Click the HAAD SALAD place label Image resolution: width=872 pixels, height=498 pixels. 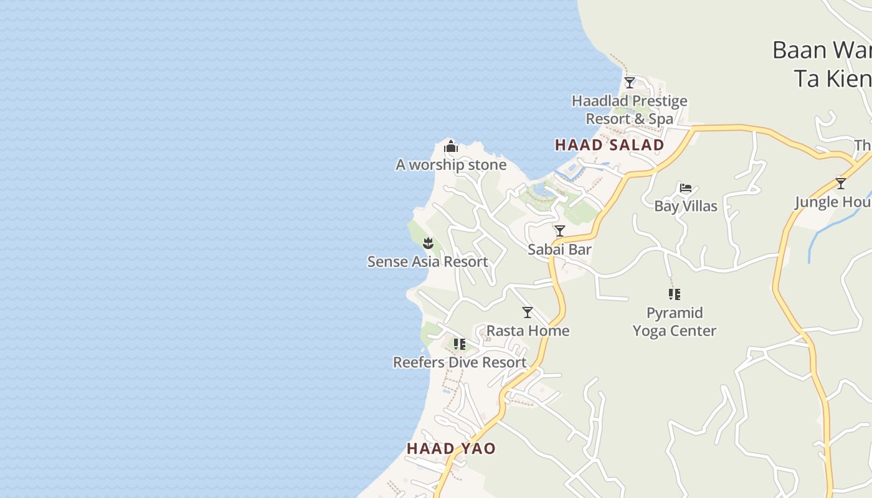(x=609, y=145)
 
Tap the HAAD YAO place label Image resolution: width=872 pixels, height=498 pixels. (x=451, y=448)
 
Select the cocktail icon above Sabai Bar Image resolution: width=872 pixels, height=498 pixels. (x=560, y=231)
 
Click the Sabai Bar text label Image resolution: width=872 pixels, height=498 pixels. (x=559, y=250)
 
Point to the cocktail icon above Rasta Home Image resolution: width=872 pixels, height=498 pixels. (x=528, y=312)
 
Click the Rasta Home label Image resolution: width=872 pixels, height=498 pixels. (x=528, y=331)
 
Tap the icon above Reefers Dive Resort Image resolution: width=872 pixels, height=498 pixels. (x=460, y=344)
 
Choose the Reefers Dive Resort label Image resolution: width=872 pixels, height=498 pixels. (x=460, y=362)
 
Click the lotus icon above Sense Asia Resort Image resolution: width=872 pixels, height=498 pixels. (x=428, y=243)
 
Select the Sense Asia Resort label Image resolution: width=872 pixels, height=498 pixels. (x=427, y=261)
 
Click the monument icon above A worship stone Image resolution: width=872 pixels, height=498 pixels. (x=451, y=147)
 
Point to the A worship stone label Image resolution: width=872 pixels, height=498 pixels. (x=451, y=165)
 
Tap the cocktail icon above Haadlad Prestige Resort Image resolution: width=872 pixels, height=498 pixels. (x=630, y=83)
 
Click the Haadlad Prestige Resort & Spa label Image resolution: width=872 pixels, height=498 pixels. (x=630, y=110)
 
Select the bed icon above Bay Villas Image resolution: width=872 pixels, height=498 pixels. (x=686, y=188)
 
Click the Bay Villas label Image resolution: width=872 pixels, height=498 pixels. (x=686, y=206)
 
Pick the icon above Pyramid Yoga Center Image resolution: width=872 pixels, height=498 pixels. (x=675, y=294)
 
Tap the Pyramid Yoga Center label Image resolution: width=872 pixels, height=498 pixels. (x=675, y=321)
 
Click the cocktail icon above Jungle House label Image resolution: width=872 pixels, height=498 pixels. (x=841, y=184)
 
